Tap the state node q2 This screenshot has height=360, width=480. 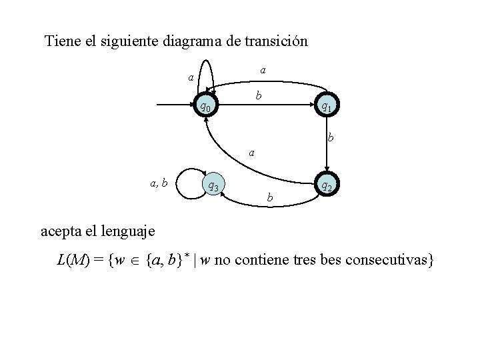(326, 187)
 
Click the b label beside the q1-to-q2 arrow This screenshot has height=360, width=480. (330, 139)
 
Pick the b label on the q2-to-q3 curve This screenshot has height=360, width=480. (269, 197)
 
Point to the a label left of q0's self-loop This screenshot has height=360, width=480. (191, 78)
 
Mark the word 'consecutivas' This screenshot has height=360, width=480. (390, 259)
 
